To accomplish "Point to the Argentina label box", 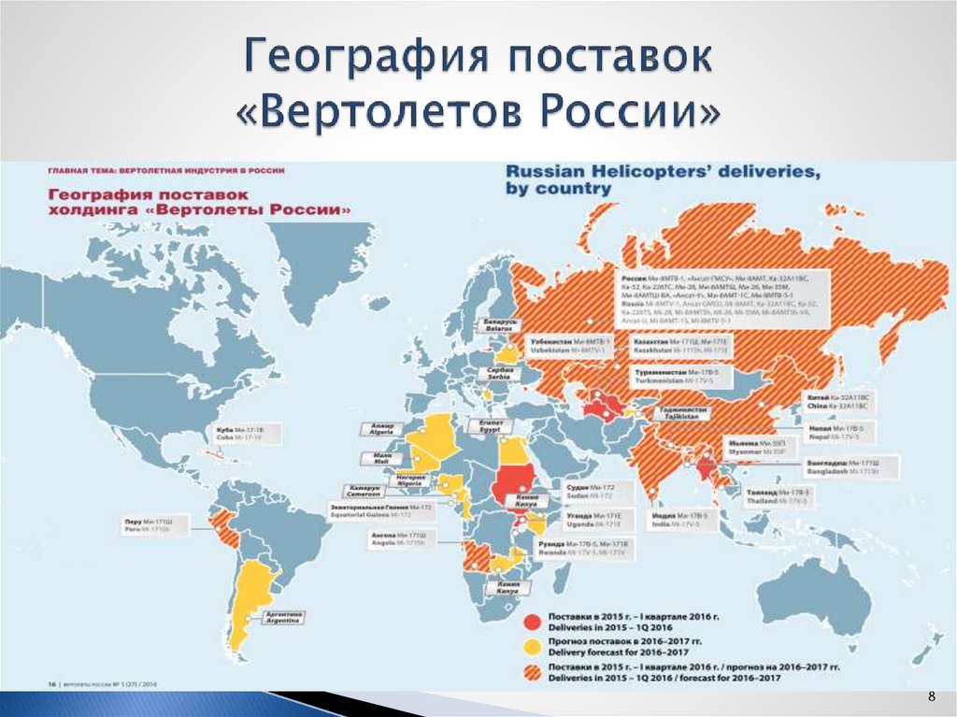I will [283, 617].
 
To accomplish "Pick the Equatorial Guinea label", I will [368, 510].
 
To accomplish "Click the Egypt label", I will [492, 427].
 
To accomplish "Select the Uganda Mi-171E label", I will [595, 519].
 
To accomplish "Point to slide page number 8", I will [931, 697].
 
